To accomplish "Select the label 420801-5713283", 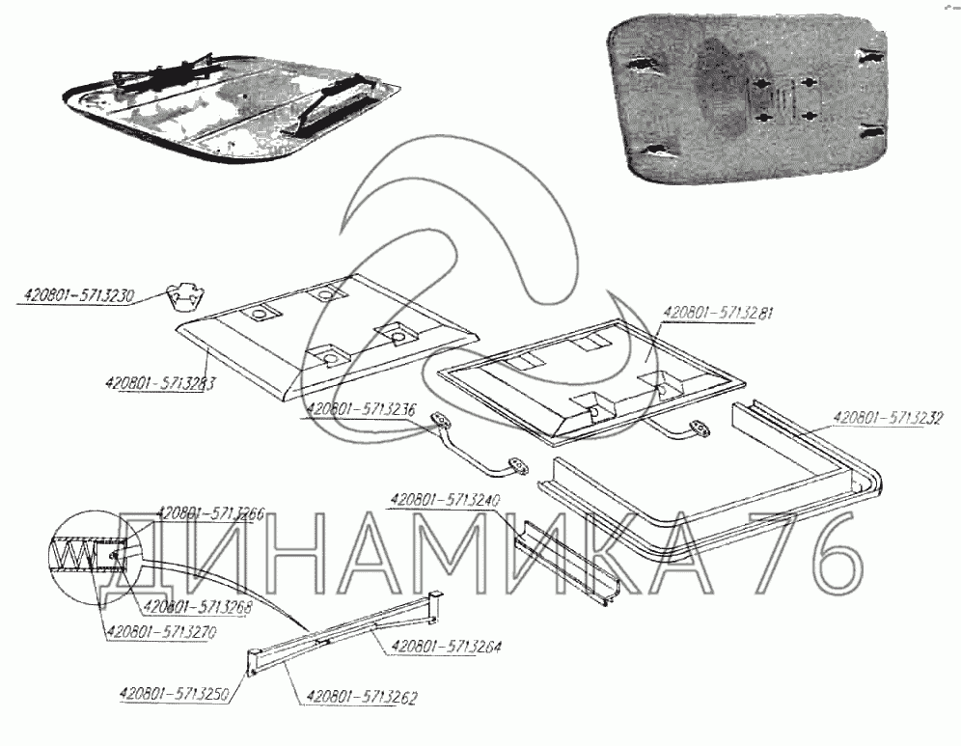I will (159, 381).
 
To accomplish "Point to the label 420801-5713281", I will (714, 313).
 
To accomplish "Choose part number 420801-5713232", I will (888, 418).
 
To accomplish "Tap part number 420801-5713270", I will (162, 632).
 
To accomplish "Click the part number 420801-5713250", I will (174, 692).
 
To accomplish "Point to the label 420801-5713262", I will (361, 695).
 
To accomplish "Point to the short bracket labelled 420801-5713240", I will (563, 560).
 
